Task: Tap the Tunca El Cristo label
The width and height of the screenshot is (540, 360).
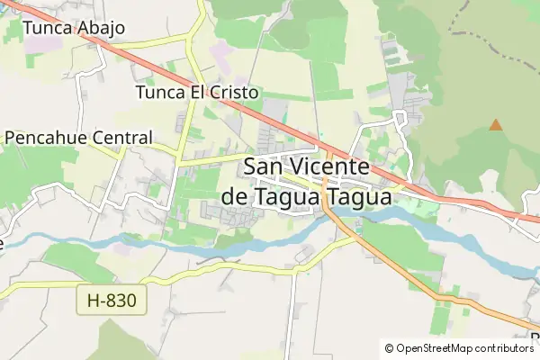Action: click(196, 93)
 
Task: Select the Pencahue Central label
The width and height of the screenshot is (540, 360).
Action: click(78, 139)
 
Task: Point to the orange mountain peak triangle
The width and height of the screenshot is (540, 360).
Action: click(495, 125)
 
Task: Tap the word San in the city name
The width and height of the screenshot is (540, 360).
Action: click(264, 167)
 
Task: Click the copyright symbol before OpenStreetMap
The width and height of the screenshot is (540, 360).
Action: click(390, 348)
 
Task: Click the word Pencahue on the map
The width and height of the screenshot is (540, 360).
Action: click(43, 139)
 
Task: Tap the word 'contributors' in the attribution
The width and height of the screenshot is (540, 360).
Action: click(502, 348)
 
